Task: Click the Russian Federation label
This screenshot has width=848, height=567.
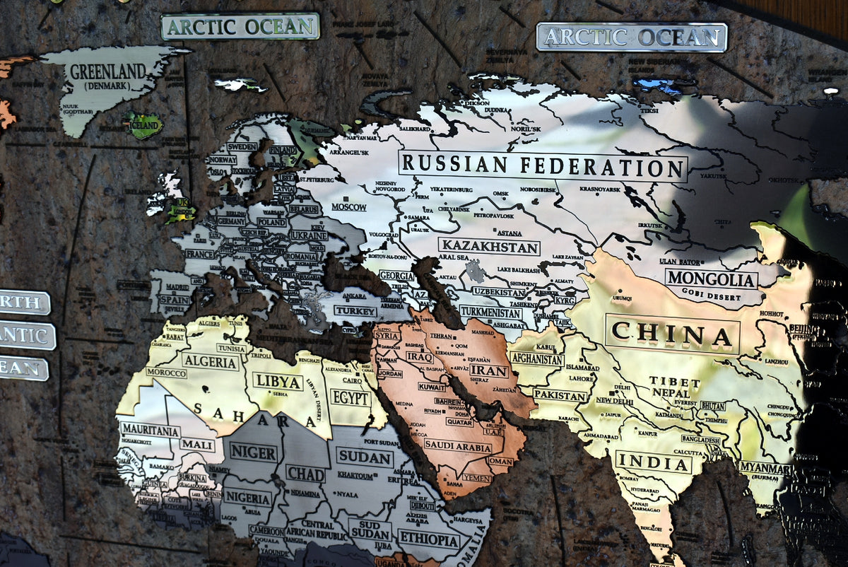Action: pyautogui.click(x=542, y=167)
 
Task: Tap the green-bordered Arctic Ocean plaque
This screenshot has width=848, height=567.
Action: pyautogui.click(x=240, y=27)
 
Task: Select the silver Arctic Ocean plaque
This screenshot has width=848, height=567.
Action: pyautogui.click(x=631, y=37)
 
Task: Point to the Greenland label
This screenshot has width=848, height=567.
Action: pyautogui.click(x=107, y=72)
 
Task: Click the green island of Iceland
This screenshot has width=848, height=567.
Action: pyautogui.click(x=143, y=126)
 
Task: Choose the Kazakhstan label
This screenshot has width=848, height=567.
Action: pyautogui.click(x=489, y=247)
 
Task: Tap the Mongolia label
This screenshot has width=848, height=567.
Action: pyautogui.click(x=711, y=279)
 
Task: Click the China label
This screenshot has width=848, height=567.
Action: pyautogui.click(x=672, y=333)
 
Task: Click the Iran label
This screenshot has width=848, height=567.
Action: pyautogui.click(x=488, y=370)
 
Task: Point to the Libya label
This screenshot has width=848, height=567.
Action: pyautogui.click(x=278, y=381)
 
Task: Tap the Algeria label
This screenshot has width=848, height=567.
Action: pyautogui.click(x=210, y=362)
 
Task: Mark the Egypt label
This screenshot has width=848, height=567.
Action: pyautogui.click(x=350, y=398)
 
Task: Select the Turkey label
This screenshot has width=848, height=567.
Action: pyautogui.click(x=355, y=311)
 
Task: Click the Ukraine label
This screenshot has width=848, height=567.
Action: pyautogui.click(x=308, y=235)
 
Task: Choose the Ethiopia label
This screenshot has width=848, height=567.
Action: pyautogui.click(x=428, y=539)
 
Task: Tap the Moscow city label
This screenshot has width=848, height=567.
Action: pyautogui.click(x=349, y=207)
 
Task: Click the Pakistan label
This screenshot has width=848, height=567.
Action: pyautogui.click(x=560, y=394)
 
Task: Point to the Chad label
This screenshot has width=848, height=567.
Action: pyautogui.click(x=305, y=474)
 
